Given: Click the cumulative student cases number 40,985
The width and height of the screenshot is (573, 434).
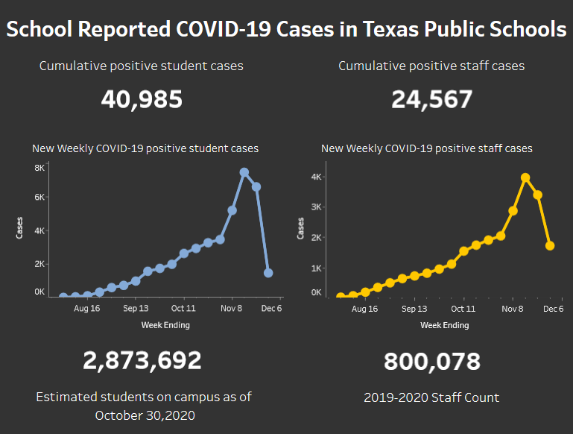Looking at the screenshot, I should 142,99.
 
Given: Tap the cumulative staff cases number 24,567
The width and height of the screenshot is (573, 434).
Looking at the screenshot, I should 431,99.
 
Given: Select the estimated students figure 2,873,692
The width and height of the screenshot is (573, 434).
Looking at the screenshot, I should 142,361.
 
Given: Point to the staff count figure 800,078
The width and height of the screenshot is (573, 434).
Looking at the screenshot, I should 431,362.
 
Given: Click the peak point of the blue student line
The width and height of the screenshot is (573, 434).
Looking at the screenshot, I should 244,172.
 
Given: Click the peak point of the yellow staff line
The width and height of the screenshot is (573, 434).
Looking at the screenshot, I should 525,177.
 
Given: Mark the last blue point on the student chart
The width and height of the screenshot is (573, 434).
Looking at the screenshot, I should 268,273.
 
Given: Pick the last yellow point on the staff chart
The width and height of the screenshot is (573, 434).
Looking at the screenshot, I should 550,245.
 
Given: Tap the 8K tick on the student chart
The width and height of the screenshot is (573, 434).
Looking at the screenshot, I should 39,169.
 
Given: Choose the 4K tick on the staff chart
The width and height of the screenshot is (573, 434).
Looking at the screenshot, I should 316,177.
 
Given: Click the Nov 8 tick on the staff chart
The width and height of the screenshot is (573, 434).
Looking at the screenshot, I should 512,308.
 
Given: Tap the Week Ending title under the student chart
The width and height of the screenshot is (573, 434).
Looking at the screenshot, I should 165,324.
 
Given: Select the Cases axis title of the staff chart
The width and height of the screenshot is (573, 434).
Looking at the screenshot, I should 301,228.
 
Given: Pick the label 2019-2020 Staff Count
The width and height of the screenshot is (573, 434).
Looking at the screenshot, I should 431,397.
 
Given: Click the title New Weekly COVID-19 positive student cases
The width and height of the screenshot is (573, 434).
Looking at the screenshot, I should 145,148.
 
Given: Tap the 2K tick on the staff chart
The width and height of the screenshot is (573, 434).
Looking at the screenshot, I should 316,237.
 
